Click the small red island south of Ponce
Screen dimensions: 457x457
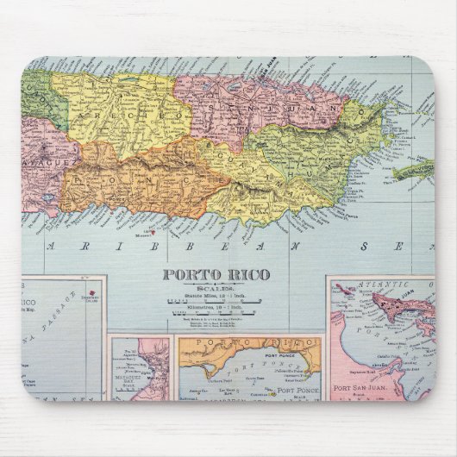(x=152, y=231)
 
